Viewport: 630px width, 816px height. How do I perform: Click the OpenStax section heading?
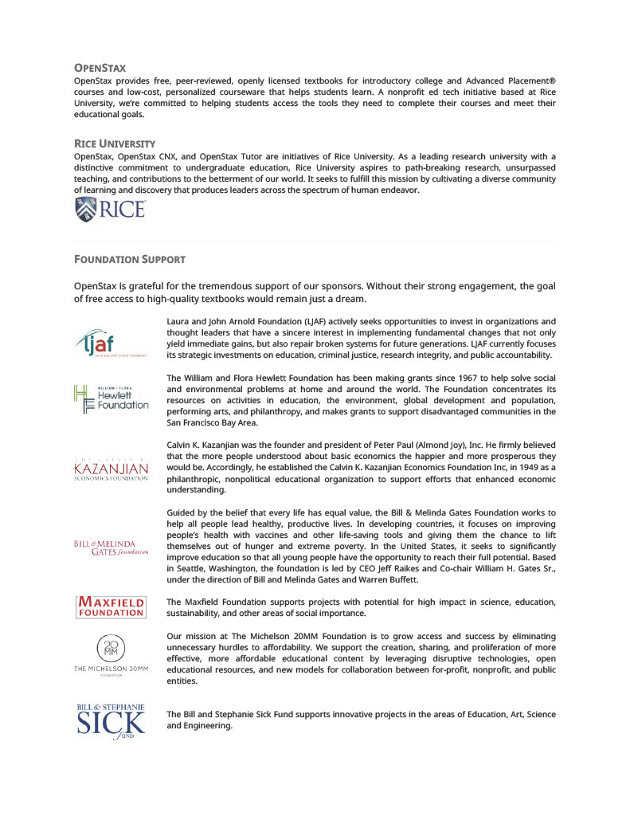click(100, 69)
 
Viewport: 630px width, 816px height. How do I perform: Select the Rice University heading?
click(114, 143)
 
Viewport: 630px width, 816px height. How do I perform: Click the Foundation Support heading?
click(130, 259)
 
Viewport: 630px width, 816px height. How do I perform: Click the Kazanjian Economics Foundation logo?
click(112, 469)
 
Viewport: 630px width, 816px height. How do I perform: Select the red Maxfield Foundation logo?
click(111, 606)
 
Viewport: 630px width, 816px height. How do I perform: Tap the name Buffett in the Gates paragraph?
click(399, 579)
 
